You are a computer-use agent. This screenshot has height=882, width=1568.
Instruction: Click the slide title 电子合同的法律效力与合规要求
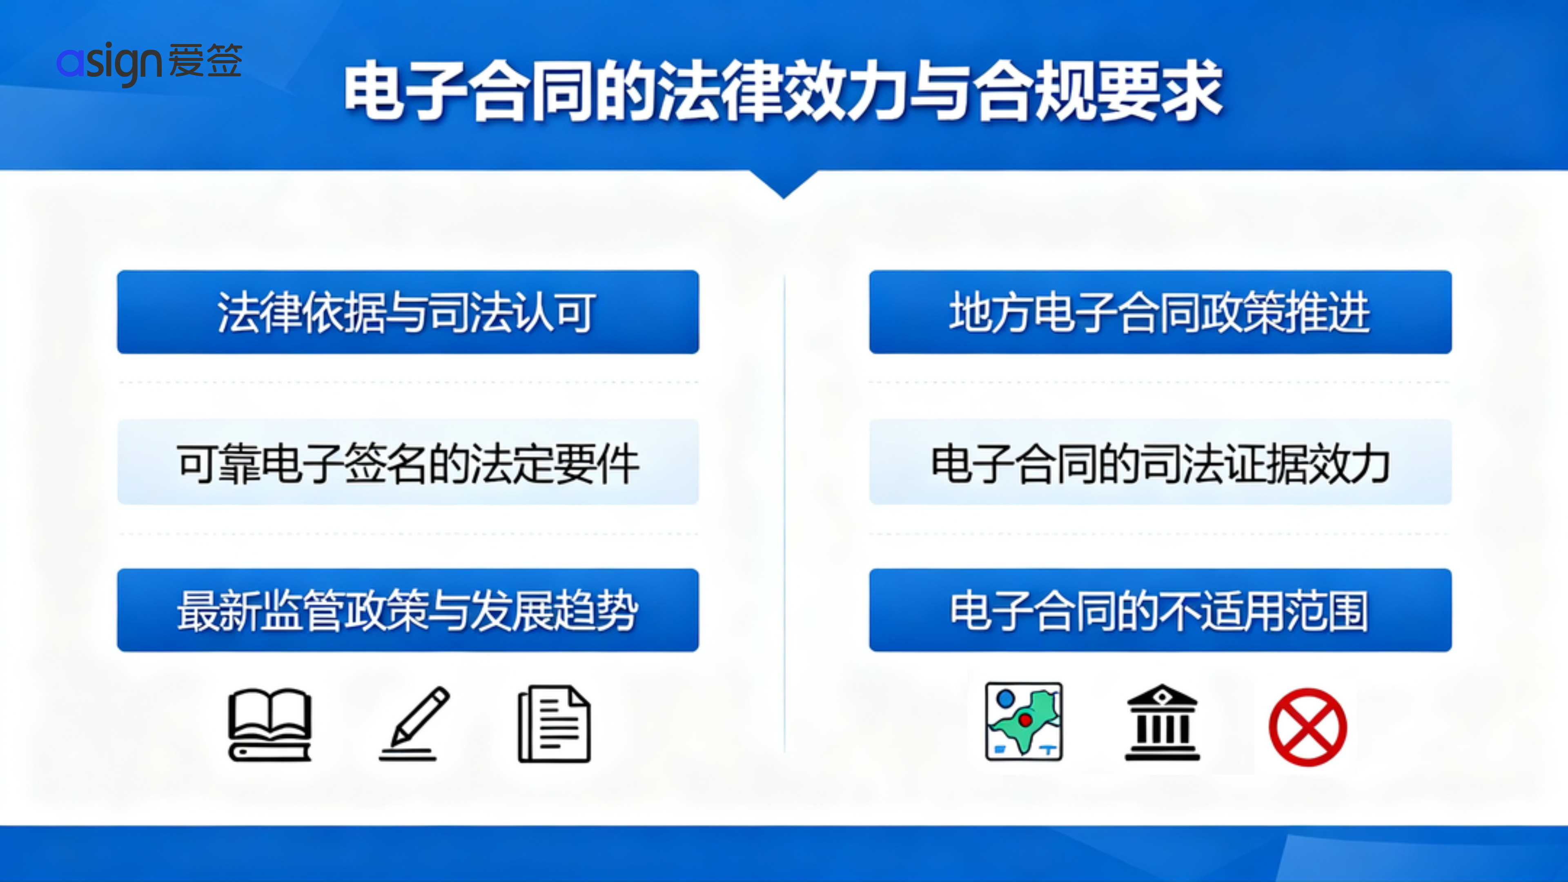pos(784,90)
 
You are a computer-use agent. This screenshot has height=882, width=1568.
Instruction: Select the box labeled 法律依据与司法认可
pos(408,312)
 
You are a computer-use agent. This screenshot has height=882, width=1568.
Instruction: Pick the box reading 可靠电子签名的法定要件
pos(408,461)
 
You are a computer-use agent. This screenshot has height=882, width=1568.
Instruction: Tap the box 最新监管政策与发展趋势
pos(408,610)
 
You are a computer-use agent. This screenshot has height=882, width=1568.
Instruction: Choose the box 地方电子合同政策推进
pos(1160,312)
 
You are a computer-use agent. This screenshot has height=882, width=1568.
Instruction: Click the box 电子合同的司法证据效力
pos(1160,461)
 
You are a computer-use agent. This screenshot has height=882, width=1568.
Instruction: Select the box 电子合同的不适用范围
pos(1160,610)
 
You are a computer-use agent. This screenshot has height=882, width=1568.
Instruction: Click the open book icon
pos(269,724)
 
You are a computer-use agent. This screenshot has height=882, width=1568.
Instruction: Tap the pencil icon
pos(414,723)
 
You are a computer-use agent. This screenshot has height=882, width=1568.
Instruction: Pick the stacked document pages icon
pos(554,724)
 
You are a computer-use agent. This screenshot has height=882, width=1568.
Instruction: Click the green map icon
pos(1024,721)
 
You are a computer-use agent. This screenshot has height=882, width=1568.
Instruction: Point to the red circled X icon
pos(1307,727)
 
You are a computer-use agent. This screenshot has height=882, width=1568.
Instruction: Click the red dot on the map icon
pos(1025,720)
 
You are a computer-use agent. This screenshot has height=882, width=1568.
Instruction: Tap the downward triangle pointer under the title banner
pos(784,185)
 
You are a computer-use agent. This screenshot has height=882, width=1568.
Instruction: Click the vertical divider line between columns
pos(784,513)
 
